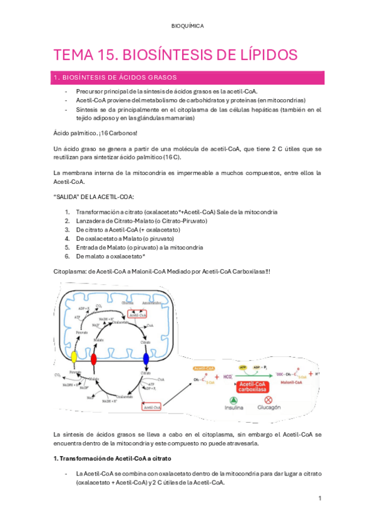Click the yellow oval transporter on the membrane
(73, 357)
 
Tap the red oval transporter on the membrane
(94, 359)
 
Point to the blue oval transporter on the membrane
(146, 359)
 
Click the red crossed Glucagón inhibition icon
(269, 400)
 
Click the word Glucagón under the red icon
(269, 408)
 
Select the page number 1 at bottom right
(319, 498)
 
